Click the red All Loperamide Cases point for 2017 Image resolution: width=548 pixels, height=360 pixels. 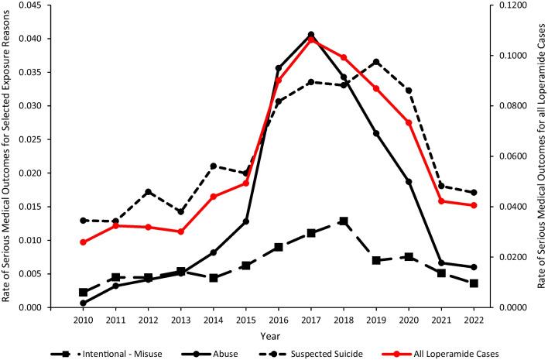[x=311, y=39]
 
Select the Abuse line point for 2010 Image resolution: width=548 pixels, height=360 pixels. [x=83, y=303]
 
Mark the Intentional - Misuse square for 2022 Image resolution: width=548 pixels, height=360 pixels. [x=474, y=283]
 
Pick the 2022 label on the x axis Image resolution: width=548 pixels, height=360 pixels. [x=474, y=319]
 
